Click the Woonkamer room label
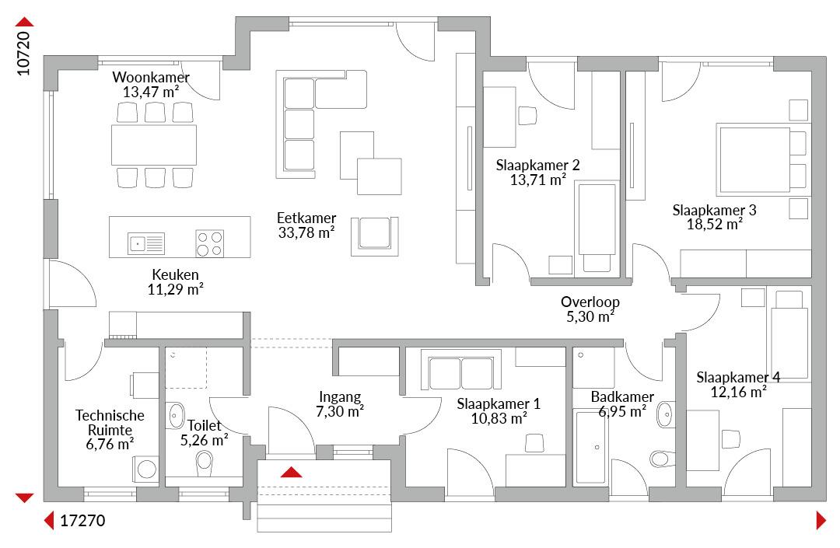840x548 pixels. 151,77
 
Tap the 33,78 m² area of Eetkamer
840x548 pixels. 306,232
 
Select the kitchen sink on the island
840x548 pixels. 145,243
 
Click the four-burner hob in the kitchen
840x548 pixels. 209,243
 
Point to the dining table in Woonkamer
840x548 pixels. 154,145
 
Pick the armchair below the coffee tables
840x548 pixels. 375,236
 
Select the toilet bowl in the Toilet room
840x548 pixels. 205,462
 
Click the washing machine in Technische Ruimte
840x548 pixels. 145,469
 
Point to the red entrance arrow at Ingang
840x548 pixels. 291,472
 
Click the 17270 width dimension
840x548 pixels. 82,520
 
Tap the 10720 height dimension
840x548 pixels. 23,53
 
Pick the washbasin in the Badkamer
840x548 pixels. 665,414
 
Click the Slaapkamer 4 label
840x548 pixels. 738,377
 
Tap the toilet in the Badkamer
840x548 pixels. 663,459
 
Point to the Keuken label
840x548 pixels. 175,274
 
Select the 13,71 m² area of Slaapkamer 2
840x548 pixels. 538,180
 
